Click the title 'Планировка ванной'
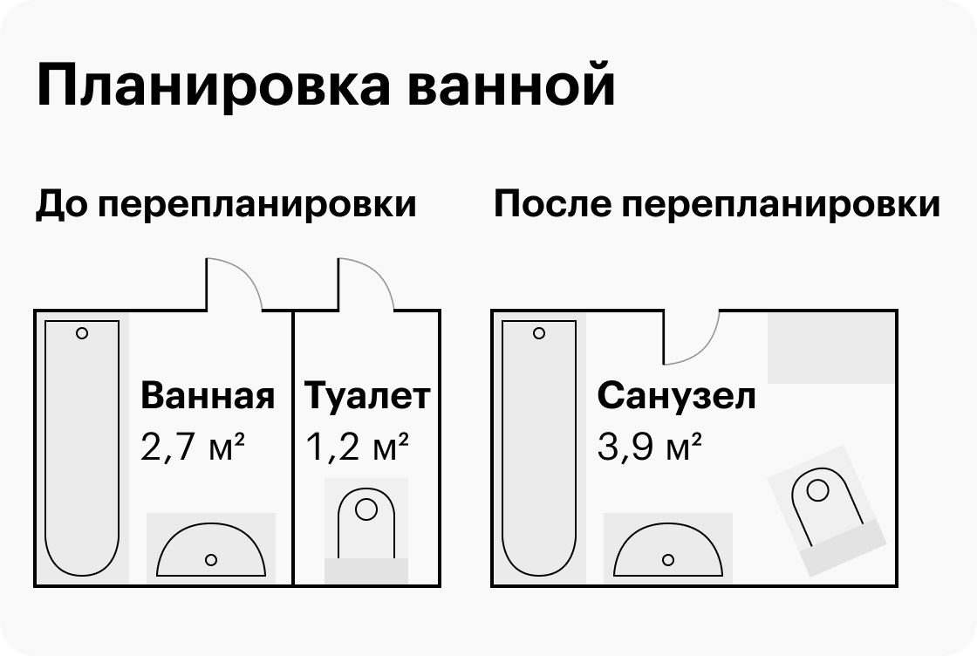(325, 86)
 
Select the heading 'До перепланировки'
(226, 205)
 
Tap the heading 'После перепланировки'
(716, 205)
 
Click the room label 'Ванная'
(208, 396)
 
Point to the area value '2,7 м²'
(192, 448)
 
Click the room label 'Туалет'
(367, 396)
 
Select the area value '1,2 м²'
(358, 448)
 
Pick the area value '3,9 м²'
(650, 448)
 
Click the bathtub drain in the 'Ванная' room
(82, 333)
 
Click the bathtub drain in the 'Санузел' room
(539, 333)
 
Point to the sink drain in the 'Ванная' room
(210, 560)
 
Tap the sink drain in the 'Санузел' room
(668, 560)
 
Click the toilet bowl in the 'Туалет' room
(366, 522)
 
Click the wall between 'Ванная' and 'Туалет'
(293, 454)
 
